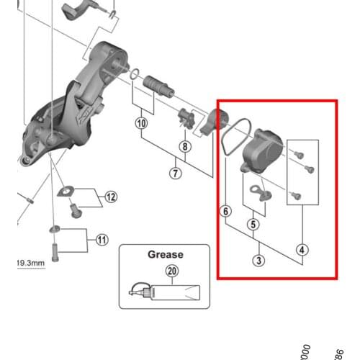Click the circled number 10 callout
pyautogui.click(x=140, y=123)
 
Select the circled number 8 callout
pyautogui.click(x=185, y=147)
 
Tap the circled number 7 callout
pyautogui.click(x=176, y=172)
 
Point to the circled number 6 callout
pyautogui.click(x=226, y=212)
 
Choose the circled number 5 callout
pyautogui.click(x=253, y=225)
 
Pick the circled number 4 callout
pyautogui.click(x=302, y=251)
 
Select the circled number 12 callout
pyautogui.click(x=110, y=197)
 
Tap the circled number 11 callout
pyautogui.click(x=102, y=239)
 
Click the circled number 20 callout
pyautogui.click(x=171, y=271)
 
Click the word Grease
pyautogui.click(x=166, y=254)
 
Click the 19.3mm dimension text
pyautogui.click(x=30, y=264)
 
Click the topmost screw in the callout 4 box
pyautogui.click(x=300, y=153)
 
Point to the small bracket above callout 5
pyautogui.click(x=257, y=191)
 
